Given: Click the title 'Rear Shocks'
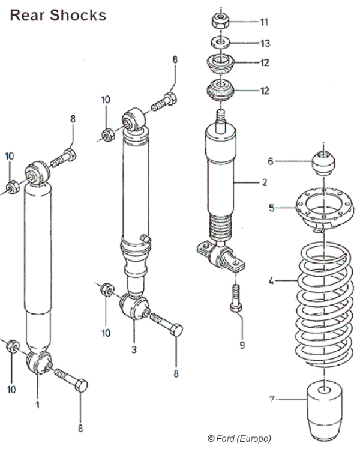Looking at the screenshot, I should tap(58, 15).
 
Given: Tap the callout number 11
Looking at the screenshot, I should tap(264, 22).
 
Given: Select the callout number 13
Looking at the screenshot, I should tap(265, 43).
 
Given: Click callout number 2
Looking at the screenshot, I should tap(264, 182).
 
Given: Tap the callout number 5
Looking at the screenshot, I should tap(271, 208).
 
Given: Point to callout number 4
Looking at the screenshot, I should tap(271, 280).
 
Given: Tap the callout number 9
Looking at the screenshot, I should tap(242, 345).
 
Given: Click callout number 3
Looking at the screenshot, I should tap(134, 348).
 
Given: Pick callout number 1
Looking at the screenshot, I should tap(37, 405).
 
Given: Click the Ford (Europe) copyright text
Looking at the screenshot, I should tap(239, 438).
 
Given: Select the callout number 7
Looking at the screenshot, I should tap(272, 399).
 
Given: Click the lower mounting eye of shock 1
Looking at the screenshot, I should tap(39, 362).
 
